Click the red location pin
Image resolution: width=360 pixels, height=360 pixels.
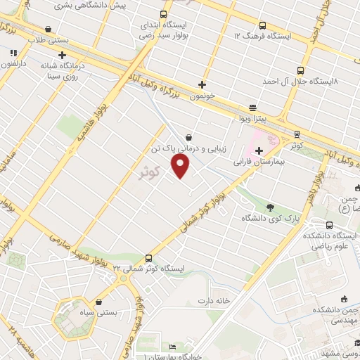coord(181,166)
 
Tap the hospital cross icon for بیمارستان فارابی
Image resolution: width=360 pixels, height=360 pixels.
coord(259,150)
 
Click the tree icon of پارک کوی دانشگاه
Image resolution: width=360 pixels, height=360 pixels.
coord(271,207)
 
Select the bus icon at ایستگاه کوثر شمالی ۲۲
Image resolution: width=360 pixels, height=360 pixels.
coord(148,258)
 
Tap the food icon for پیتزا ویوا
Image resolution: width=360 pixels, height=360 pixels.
coord(252,107)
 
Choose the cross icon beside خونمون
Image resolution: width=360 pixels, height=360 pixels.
coord(202,84)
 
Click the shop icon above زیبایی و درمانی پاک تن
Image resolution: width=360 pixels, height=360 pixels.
coord(188,138)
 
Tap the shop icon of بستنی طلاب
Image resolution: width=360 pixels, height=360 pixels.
coord(48,30)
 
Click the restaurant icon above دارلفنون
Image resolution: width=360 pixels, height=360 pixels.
coord(13,53)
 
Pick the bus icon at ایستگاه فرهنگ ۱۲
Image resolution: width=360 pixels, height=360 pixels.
coord(262,25)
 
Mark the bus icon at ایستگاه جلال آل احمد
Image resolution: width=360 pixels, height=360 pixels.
coord(300,70)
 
